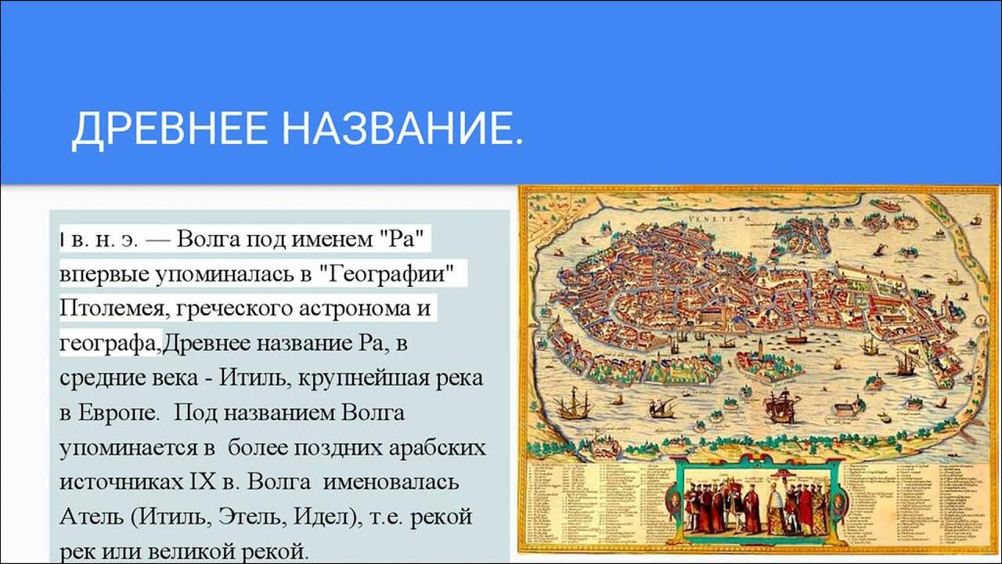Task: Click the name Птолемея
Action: tap(110, 308)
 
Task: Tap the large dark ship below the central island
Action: tap(780, 407)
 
